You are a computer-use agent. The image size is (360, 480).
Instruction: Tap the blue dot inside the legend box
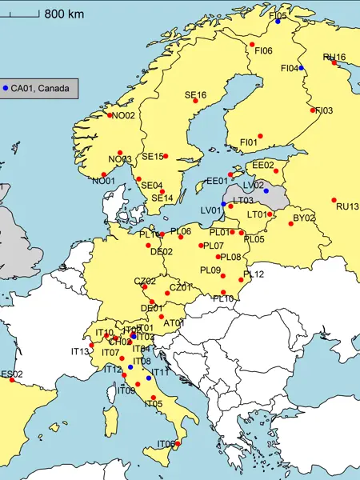tap(6, 88)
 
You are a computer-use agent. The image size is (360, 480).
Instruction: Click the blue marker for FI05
tap(278, 22)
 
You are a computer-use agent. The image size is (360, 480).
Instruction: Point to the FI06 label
tap(264, 51)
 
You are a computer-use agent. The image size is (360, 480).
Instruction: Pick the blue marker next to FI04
tap(302, 68)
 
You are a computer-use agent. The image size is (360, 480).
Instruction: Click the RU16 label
tap(334, 57)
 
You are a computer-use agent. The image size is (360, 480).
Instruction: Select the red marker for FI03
tap(313, 110)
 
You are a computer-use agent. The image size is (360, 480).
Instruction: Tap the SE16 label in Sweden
tap(195, 95)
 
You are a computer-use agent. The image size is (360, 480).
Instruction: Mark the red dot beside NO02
tap(110, 115)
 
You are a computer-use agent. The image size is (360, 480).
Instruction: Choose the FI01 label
tap(249, 142)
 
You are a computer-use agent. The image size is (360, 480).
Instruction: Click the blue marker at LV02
tap(266, 192)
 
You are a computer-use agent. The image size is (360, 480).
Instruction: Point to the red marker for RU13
tap(334, 200)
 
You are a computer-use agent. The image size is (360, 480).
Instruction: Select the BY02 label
tap(304, 218)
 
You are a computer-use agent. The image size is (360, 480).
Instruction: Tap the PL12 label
tap(254, 274)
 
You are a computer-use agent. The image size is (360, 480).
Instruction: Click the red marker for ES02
tap(12, 380)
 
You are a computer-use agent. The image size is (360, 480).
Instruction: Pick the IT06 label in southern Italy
tap(166, 444)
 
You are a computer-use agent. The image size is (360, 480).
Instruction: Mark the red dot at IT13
tap(91, 346)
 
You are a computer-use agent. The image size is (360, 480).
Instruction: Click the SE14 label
tap(162, 198)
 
